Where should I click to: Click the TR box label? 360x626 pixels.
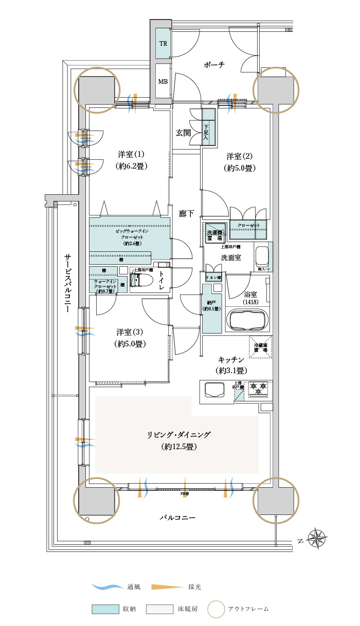coord(163,43)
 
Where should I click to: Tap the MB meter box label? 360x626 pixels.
coord(163,82)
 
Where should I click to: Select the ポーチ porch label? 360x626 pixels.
coord(214,65)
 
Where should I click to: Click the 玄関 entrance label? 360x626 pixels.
coord(183,133)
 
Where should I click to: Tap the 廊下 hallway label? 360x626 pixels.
coord(186,213)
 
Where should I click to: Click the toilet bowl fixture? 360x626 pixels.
coord(144,281)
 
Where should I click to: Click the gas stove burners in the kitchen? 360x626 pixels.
coord(258,389)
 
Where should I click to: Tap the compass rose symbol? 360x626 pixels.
coord(317,539)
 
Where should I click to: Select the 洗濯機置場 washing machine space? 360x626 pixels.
coord(214,233)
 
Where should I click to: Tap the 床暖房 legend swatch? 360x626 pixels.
coord(159,609)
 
